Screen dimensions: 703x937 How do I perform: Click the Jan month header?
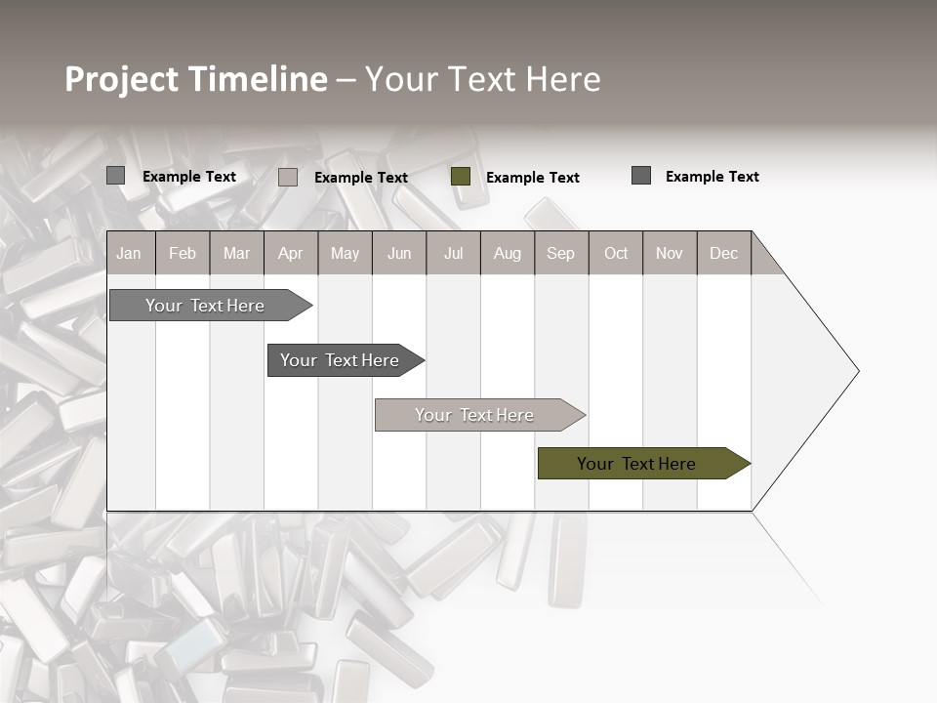pos(129,253)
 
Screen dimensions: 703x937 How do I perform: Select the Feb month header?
pos(183,253)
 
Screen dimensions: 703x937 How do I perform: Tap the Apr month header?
pos(290,253)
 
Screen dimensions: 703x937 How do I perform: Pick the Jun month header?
pos(399,253)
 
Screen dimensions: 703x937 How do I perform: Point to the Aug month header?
pos(507,253)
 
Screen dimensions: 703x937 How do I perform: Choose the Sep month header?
pos(560,253)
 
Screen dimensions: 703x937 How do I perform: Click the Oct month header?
pos(616,253)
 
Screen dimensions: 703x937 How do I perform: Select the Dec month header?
pos(723,253)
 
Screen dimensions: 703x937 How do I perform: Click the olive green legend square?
pos(461,176)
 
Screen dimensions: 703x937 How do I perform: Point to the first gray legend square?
pos(115,176)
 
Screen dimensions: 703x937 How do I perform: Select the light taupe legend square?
pos(288,177)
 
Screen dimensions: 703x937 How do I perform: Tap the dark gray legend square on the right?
pos(641,176)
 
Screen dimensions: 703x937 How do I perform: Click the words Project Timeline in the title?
pos(196,79)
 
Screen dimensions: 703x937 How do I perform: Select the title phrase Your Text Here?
pos(483,79)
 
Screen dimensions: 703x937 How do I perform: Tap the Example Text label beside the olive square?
pos(532,177)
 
